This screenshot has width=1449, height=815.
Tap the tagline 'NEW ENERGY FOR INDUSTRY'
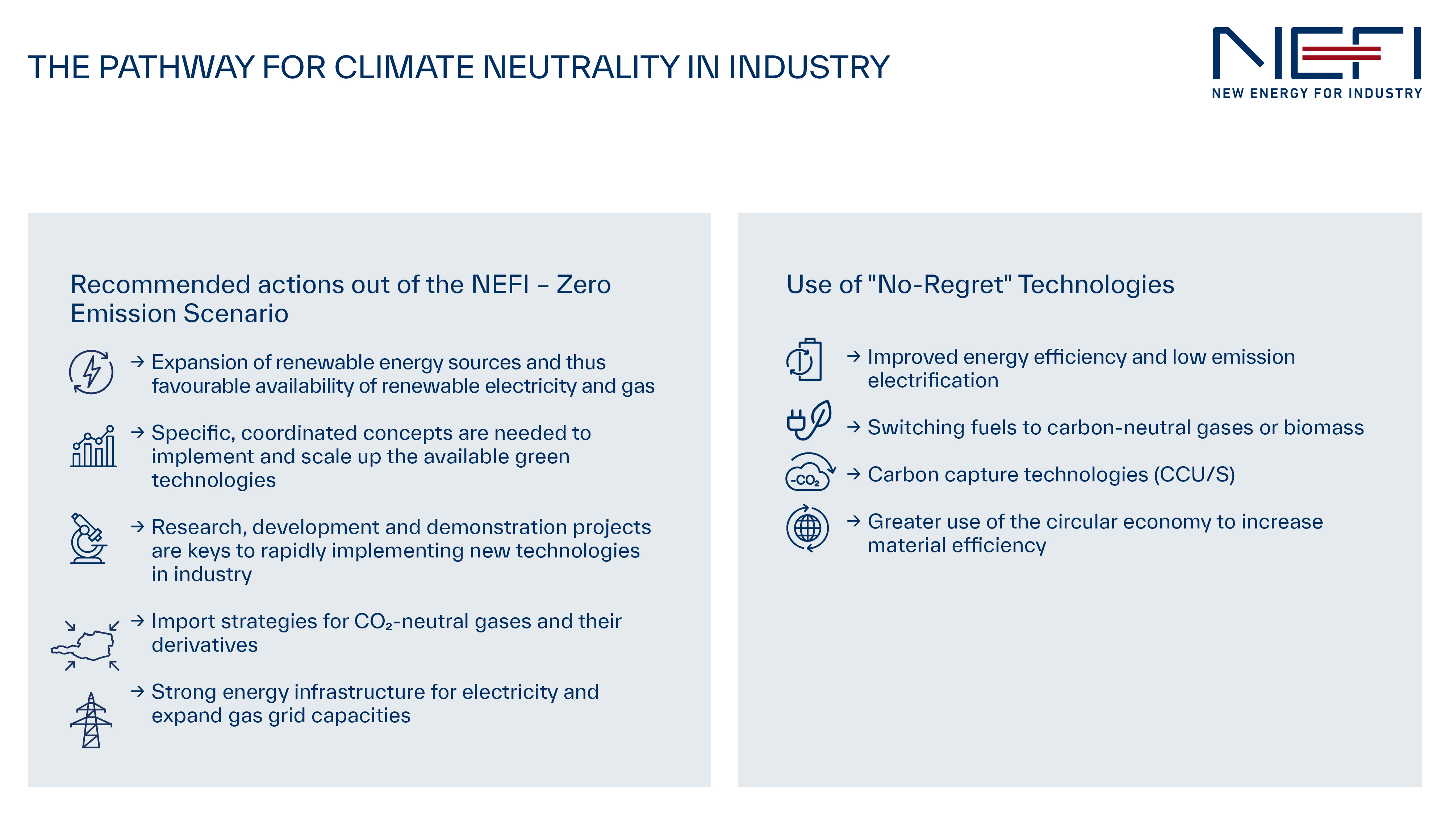[1317, 93]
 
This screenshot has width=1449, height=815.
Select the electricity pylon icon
[91, 720]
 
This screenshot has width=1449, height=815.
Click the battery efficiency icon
[804, 359]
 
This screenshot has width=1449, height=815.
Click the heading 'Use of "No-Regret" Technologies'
[981, 285]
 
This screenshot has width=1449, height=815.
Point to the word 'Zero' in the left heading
[583, 285]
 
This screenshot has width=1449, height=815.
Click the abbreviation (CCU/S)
[1194, 475]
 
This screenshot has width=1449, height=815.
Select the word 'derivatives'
[205, 645]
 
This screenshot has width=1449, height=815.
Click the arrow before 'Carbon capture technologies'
[854, 474]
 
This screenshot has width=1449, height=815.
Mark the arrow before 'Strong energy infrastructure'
[138, 691]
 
